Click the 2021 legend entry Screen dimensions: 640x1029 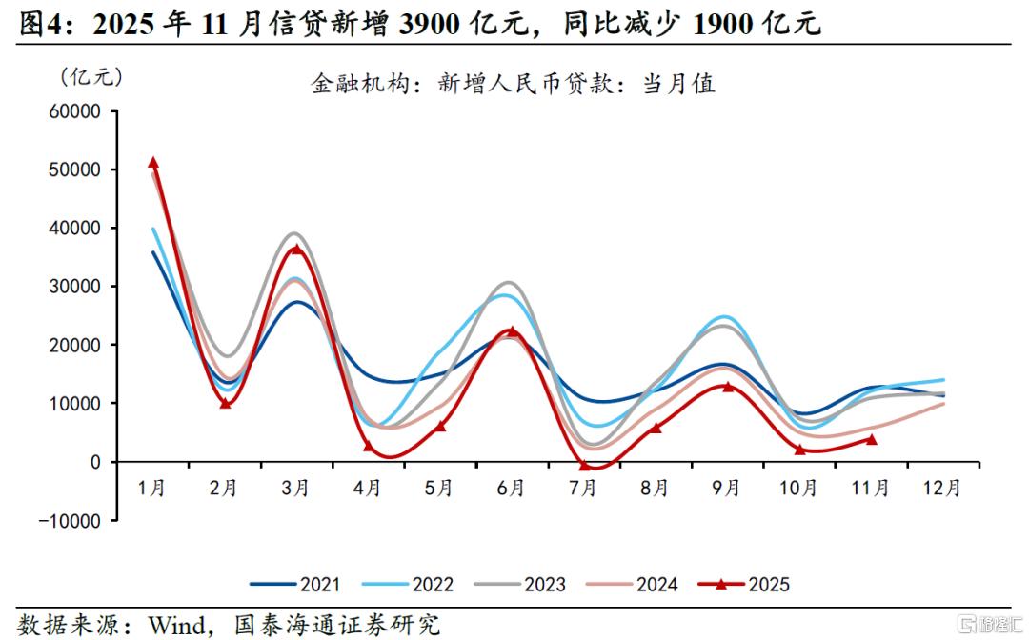(295, 584)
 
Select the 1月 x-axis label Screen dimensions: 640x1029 (152, 488)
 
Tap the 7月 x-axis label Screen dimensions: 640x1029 (583, 488)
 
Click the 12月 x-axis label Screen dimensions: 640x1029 (941, 488)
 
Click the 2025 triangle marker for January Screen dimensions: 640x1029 (153, 163)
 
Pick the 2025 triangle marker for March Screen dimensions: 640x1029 (296, 250)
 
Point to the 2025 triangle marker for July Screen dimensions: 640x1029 (583, 465)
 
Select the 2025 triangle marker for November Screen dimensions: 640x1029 (871, 439)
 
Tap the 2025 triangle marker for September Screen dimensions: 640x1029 (727, 387)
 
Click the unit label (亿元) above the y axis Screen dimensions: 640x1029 (91, 75)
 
